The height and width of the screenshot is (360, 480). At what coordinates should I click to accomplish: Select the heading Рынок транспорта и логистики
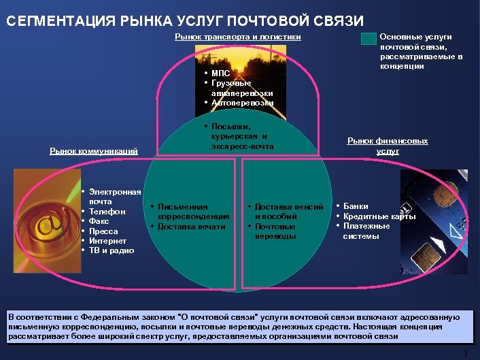pos(238,37)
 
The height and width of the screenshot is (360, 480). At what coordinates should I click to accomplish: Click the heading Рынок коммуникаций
pos(93,150)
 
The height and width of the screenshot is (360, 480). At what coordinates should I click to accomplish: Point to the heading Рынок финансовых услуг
pos(388,146)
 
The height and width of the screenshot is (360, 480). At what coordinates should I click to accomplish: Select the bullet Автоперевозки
pos(242,102)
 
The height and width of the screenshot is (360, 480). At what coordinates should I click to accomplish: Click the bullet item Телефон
pos(107,212)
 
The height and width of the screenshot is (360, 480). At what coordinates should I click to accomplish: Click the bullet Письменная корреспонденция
pos(192,211)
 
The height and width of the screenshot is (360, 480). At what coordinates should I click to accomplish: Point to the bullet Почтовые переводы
pos(275,231)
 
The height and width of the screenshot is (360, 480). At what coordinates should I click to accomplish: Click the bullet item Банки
pos(356,206)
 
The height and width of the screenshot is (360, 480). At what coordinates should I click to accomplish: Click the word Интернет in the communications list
pos(107,241)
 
